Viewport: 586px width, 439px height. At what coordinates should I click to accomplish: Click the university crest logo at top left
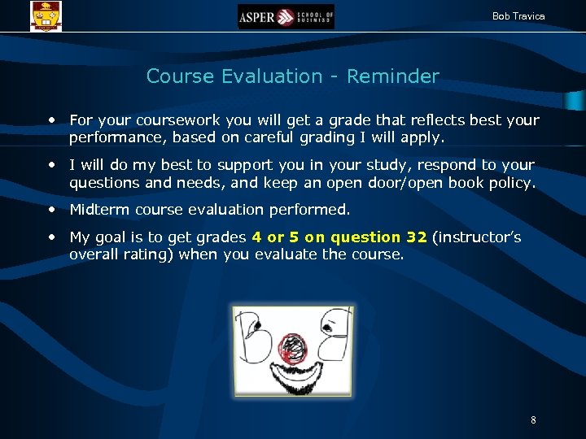click(x=46, y=15)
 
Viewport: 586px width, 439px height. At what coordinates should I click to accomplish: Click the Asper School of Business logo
click(x=286, y=16)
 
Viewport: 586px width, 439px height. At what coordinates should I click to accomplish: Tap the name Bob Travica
click(x=518, y=16)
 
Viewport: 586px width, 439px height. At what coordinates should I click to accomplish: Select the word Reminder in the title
click(x=392, y=76)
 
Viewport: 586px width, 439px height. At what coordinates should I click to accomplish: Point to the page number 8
click(x=533, y=420)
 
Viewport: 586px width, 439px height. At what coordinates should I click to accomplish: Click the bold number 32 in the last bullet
click(x=416, y=237)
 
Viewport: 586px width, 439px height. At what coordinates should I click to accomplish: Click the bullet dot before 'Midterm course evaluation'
click(x=53, y=210)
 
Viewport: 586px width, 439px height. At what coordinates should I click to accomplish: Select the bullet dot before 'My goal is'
click(x=53, y=237)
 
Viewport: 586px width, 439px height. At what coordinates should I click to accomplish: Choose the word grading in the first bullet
click(x=324, y=137)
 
